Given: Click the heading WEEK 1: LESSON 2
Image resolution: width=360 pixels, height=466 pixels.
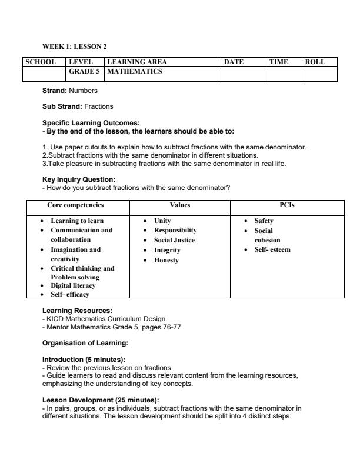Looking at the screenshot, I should pyautogui.click(x=74, y=46).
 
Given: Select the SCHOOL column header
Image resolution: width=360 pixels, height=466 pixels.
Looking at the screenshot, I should pyautogui.click(x=41, y=62).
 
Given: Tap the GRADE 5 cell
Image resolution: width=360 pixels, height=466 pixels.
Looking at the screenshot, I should pyautogui.click(x=85, y=72).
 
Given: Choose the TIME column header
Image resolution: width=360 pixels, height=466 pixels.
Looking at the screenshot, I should pyautogui.click(x=279, y=62).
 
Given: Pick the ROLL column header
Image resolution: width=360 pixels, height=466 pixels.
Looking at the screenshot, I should pyautogui.click(x=315, y=62).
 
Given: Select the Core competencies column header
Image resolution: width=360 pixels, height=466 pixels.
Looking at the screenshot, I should pyautogui.click(x=75, y=205).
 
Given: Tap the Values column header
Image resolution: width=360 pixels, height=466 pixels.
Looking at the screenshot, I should pyautogui.click(x=179, y=205).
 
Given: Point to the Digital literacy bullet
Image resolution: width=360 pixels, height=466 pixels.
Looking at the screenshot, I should pyautogui.click(x=73, y=285).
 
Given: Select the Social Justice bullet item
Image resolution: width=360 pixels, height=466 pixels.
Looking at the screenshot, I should pyautogui.click(x=174, y=240).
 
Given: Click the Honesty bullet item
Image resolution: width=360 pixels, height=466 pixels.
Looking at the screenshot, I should pyautogui.click(x=166, y=260).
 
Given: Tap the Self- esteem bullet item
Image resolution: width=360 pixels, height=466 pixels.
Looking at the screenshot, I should pyautogui.click(x=272, y=250).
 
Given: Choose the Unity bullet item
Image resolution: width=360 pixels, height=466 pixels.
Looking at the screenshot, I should pyautogui.click(x=162, y=221).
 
